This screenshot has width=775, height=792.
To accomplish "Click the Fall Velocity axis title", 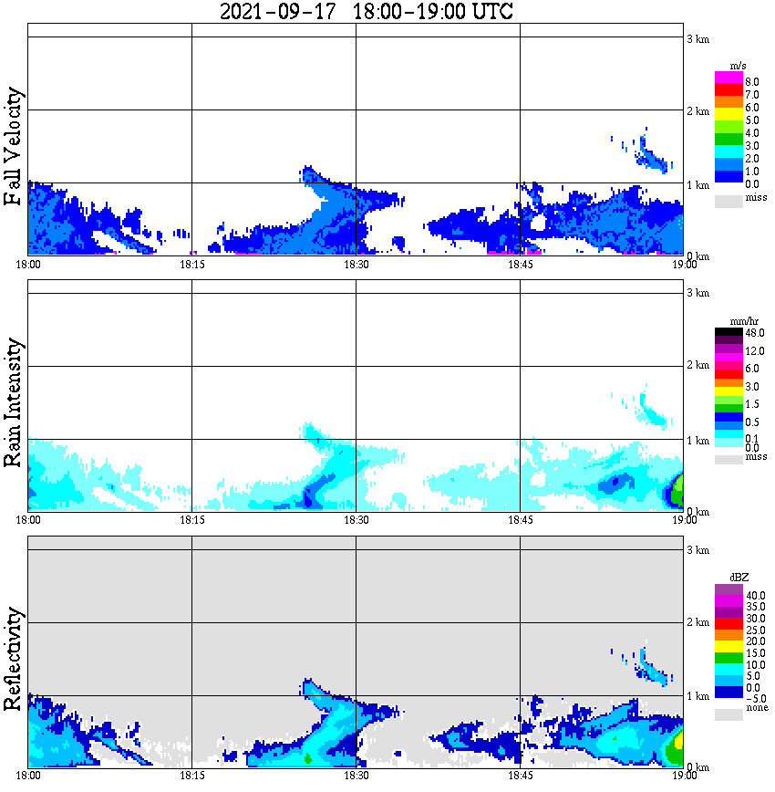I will pyautogui.click(x=14, y=148).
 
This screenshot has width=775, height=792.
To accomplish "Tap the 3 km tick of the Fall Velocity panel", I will pyautogui.click(x=697, y=37).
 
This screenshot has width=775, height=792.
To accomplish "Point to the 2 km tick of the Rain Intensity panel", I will pyautogui.click(x=697, y=366).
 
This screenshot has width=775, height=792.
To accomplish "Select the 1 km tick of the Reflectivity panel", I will pyautogui.click(x=697, y=696).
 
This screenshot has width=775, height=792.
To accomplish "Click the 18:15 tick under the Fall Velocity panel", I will pyautogui.click(x=191, y=265).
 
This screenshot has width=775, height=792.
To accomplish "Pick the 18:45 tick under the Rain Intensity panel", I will pyautogui.click(x=520, y=520).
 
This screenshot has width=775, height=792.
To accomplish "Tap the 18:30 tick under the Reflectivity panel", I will pyautogui.click(x=356, y=776).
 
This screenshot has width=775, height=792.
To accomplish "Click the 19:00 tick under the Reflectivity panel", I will pyautogui.click(x=684, y=776).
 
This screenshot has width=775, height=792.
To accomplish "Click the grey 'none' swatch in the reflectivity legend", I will pyautogui.click(x=728, y=714).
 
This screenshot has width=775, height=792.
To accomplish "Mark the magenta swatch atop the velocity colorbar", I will pyautogui.click(x=728, y=77).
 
